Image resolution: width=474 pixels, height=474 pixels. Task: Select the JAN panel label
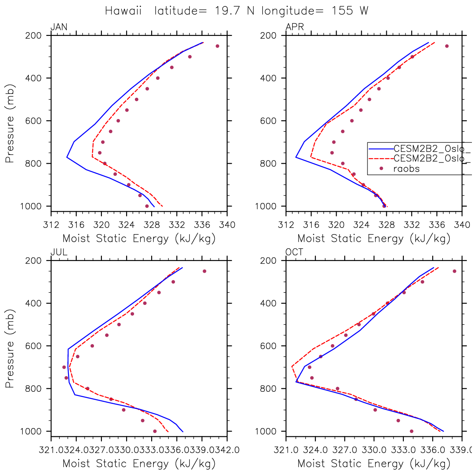(x=59, y=28)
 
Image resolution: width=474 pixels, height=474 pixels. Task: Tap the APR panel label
(x=294, y=28)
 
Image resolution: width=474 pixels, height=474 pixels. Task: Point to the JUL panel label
(x=59, y=252)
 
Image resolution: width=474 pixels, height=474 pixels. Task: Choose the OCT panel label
(x=294, y=252)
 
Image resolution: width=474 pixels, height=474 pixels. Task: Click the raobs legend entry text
(x=406, y=169)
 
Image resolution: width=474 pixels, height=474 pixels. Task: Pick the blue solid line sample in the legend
(x=380, y=148)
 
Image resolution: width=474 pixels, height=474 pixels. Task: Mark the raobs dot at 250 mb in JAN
(x=217, y=46)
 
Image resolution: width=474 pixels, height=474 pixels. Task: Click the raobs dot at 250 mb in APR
(x=446, y=46)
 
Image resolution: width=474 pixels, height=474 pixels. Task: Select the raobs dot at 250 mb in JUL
(x=204, y=271)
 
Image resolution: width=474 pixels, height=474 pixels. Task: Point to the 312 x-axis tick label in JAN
(x=51, y=225)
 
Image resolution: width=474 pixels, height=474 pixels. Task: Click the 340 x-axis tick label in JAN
(x=227, y=225)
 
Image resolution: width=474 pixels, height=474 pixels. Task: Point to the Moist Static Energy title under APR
(x=374, y=239)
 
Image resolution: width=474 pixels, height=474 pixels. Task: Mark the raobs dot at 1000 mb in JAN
(x=147, y=206)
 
